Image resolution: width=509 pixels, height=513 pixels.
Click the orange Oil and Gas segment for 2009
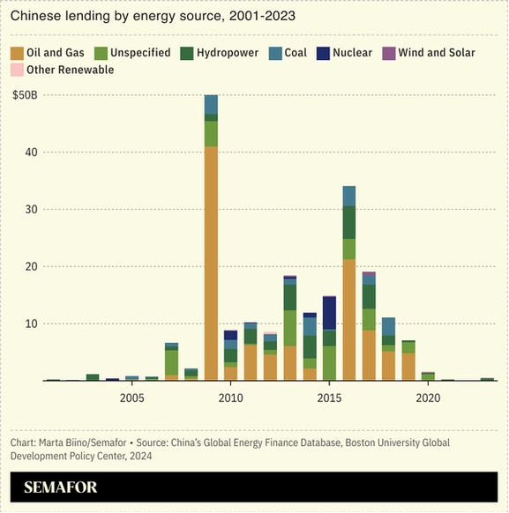point(211,263)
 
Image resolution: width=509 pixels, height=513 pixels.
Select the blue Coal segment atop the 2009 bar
point(211,104)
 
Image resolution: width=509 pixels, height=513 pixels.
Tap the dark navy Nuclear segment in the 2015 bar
point(329,313)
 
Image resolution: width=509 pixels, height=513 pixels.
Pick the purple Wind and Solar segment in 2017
point(369,273)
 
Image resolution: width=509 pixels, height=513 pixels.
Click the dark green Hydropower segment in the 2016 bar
point(349,222)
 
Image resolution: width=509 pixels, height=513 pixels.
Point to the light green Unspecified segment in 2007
point(171,362)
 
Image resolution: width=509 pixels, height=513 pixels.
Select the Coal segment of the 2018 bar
point(388,326)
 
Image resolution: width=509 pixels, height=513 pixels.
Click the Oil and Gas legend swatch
point(17,54)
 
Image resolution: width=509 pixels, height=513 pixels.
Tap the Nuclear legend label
point(353,53)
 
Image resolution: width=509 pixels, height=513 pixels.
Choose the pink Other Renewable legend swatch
point(17,70)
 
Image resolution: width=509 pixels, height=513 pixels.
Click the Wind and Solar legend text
point(437,53)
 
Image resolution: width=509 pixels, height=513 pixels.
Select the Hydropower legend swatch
point(187,54)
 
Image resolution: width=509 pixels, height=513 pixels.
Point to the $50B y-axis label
point(25,95)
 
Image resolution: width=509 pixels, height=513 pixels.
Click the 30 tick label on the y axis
point(31,210)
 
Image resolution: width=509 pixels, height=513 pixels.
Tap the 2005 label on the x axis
point(132,398)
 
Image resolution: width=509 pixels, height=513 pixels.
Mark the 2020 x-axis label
point(428,398)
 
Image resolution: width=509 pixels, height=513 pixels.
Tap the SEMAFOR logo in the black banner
point(61,487)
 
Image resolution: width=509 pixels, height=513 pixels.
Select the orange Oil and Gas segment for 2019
point(408,367)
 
